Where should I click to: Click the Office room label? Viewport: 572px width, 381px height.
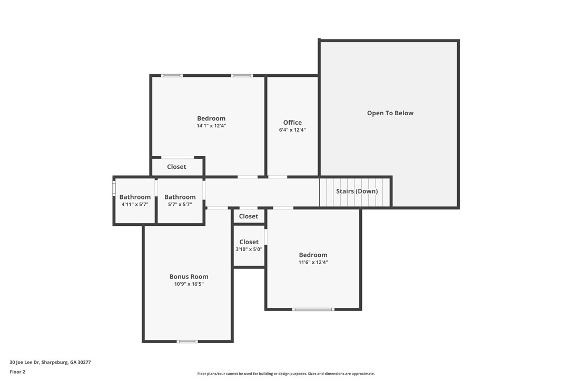coord(292,123)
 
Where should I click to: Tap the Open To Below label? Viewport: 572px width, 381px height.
coord(390,113)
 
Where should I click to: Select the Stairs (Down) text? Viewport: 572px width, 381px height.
coord(357,191)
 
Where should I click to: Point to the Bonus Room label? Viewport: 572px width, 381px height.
coord(189,276)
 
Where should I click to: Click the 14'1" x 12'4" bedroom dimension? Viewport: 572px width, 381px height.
coord(211,126)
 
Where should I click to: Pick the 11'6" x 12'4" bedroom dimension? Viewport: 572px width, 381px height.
coord(313,262)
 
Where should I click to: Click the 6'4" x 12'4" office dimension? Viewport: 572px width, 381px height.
coord(292,130)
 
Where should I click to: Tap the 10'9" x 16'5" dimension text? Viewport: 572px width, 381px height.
coord(189,284)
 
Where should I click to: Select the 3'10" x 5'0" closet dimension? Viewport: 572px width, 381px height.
coord(249,249)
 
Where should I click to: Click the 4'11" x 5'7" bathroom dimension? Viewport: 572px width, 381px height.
coord(135,204)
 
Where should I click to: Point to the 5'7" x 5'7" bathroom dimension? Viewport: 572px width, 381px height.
coord(180,204)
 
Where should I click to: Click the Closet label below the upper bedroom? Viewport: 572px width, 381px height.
coord(176,167)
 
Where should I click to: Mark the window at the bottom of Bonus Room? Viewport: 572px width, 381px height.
coord(187,342)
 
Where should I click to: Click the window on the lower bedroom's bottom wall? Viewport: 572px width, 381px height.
coord(313,309)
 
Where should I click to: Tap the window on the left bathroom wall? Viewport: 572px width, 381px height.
coord(114,189)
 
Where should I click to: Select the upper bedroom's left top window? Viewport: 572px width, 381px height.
coord(172,76)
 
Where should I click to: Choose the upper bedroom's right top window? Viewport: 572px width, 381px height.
coord(242,76)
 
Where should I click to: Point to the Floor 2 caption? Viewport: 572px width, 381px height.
coord(17,372)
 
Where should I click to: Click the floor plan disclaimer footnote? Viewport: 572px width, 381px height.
coord(286,374)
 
